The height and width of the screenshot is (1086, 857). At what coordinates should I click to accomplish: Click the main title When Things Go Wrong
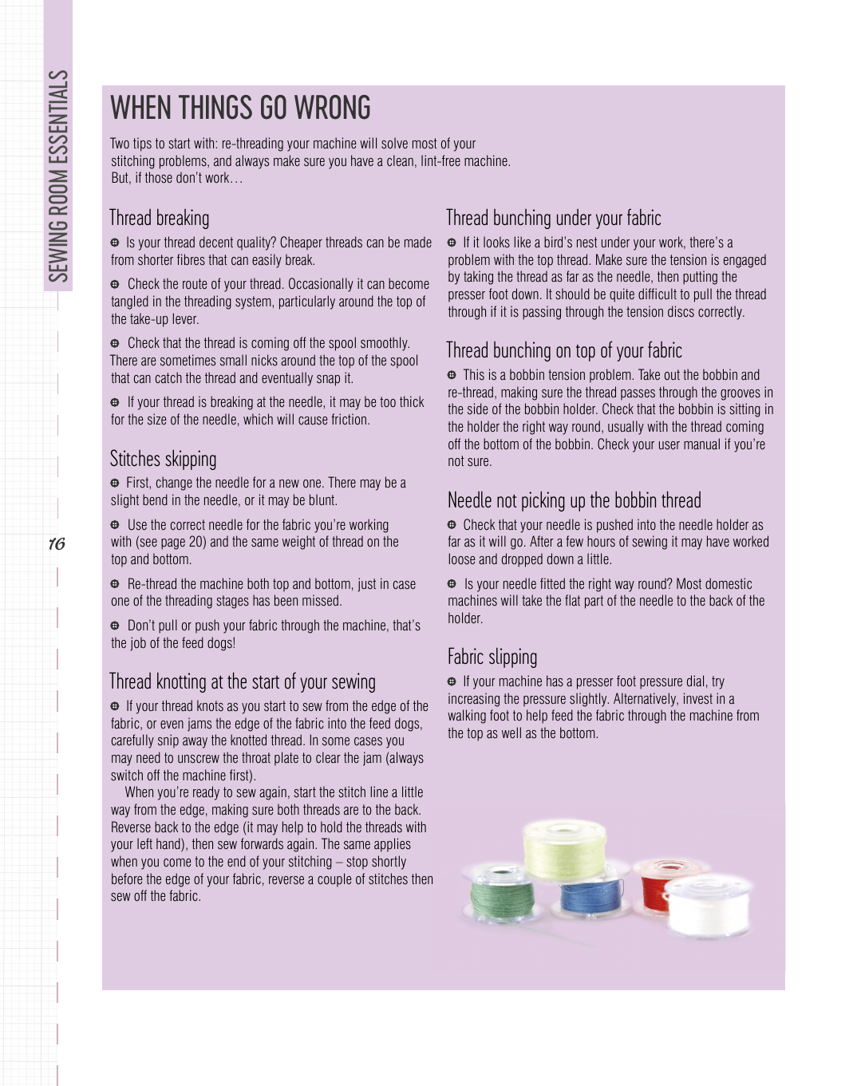click(240, 108)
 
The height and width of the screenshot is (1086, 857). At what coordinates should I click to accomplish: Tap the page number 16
click(57, 544)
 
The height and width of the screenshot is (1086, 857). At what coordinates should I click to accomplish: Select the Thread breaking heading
click(160, 218)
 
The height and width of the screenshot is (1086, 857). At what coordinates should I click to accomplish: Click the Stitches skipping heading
click(163, 459)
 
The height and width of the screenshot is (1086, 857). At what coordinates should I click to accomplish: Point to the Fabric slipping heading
click(492, 657)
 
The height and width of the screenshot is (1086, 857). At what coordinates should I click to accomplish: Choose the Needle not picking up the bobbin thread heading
click(574, 500)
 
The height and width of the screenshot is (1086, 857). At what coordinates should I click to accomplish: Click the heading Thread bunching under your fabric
click(553, 218)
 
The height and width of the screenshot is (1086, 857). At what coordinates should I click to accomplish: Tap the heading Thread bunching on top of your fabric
click(563, 350)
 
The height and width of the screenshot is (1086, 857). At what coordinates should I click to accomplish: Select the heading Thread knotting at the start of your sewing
click(242, 681)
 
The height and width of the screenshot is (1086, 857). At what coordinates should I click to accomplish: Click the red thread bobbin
click(663, 883)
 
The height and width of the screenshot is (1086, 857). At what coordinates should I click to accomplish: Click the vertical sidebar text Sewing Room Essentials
click(58, 176)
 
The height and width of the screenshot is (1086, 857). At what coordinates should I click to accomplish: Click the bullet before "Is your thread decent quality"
click(115, 243)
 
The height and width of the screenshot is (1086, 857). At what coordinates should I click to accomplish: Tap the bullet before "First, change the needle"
click(115, 483)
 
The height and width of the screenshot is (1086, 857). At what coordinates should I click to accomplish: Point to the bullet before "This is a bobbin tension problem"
click(452, 375)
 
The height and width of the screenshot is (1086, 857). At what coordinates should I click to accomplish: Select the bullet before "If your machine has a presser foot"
click(452, 681)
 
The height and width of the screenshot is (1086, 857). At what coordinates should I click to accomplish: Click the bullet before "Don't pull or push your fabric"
click(115, 626)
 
